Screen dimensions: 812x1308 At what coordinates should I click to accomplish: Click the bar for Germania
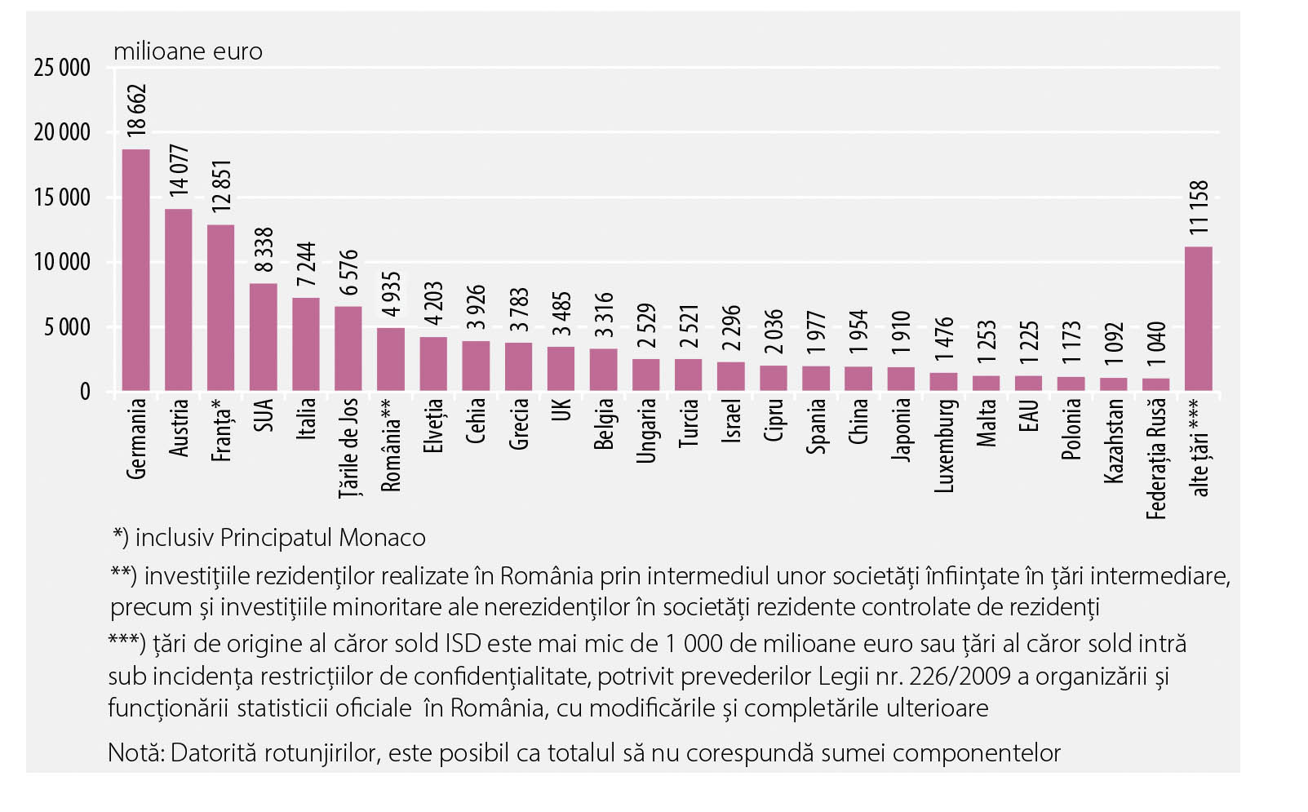click(135, 270)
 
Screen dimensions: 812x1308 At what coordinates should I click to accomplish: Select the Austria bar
click(178, 300)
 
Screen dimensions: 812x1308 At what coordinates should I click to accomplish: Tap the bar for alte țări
click(1198, 318)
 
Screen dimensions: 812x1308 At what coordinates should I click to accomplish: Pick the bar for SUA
click(263, 337)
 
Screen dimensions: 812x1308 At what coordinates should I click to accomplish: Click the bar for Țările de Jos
click(348, 348)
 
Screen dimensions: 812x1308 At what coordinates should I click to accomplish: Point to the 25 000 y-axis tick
click(62, 68)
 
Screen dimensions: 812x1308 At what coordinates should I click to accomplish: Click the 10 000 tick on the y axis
click(62, 263)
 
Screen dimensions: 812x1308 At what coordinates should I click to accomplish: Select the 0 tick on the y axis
click(84, 393)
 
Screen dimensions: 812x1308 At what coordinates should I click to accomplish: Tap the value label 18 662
click(136, 110)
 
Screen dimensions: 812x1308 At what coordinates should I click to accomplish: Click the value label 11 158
click(1199, 207)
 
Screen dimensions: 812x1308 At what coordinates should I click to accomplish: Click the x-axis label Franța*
click(221, 430)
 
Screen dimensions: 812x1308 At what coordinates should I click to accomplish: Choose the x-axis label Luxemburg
click(944, 445)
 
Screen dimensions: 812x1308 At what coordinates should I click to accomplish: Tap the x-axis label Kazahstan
click(1114, 440)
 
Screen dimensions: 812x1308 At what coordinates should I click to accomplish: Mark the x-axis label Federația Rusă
click(1156, 458)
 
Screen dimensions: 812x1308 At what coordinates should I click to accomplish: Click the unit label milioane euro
click(188, 51)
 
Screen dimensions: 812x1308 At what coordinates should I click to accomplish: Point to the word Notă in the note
click(134, 752)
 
